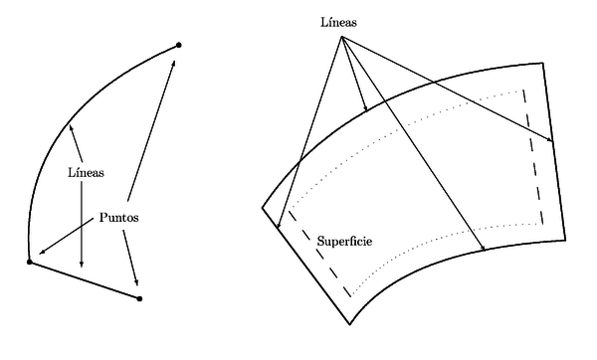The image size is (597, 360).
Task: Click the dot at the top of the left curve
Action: [x=178, y=45]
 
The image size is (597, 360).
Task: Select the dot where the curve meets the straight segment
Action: [x=30, y=263]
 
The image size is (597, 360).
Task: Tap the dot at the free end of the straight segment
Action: [x=139, y=298]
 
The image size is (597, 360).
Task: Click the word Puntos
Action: [x=118, y=217]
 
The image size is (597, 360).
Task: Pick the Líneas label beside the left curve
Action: [x=87, y=172]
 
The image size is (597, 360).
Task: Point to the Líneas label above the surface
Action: [x=339, y=22]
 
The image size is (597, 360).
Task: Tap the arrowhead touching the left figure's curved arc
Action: [x=71, y=126]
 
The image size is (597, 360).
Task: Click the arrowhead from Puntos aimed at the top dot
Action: [x=175, y=62]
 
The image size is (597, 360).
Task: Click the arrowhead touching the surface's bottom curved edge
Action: [x=483, y=249]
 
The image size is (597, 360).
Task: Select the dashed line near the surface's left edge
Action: [x=317, y=254]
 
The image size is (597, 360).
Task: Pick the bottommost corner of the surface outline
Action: [x=350, y=325]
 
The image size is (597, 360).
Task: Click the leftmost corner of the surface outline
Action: [x=263, y=208]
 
